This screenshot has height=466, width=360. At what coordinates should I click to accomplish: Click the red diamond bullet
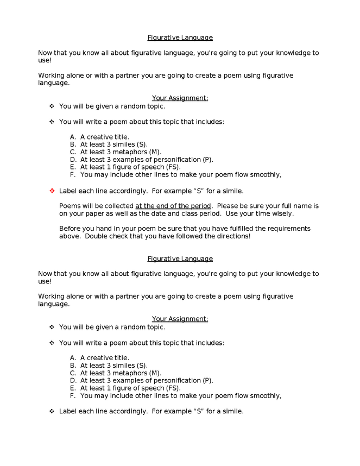click(x=53, y=191)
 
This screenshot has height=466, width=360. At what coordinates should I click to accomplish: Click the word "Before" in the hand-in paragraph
click(x=70, y=229)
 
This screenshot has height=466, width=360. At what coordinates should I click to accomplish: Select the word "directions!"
click(x=232, y=236)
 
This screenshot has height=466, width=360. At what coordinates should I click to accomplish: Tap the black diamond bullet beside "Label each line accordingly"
click(x=53, y=411)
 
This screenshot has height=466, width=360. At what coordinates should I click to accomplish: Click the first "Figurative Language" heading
click(x=180, y=37)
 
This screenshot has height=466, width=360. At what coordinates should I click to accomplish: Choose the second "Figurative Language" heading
click(x=180, y=259)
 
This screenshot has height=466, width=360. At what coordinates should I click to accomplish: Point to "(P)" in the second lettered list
click(x=207, y=381)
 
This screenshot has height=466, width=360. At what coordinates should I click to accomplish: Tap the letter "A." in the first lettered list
click(x=73, y=137)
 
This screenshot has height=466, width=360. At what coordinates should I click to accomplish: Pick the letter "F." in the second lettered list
click(x=73, y=396)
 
